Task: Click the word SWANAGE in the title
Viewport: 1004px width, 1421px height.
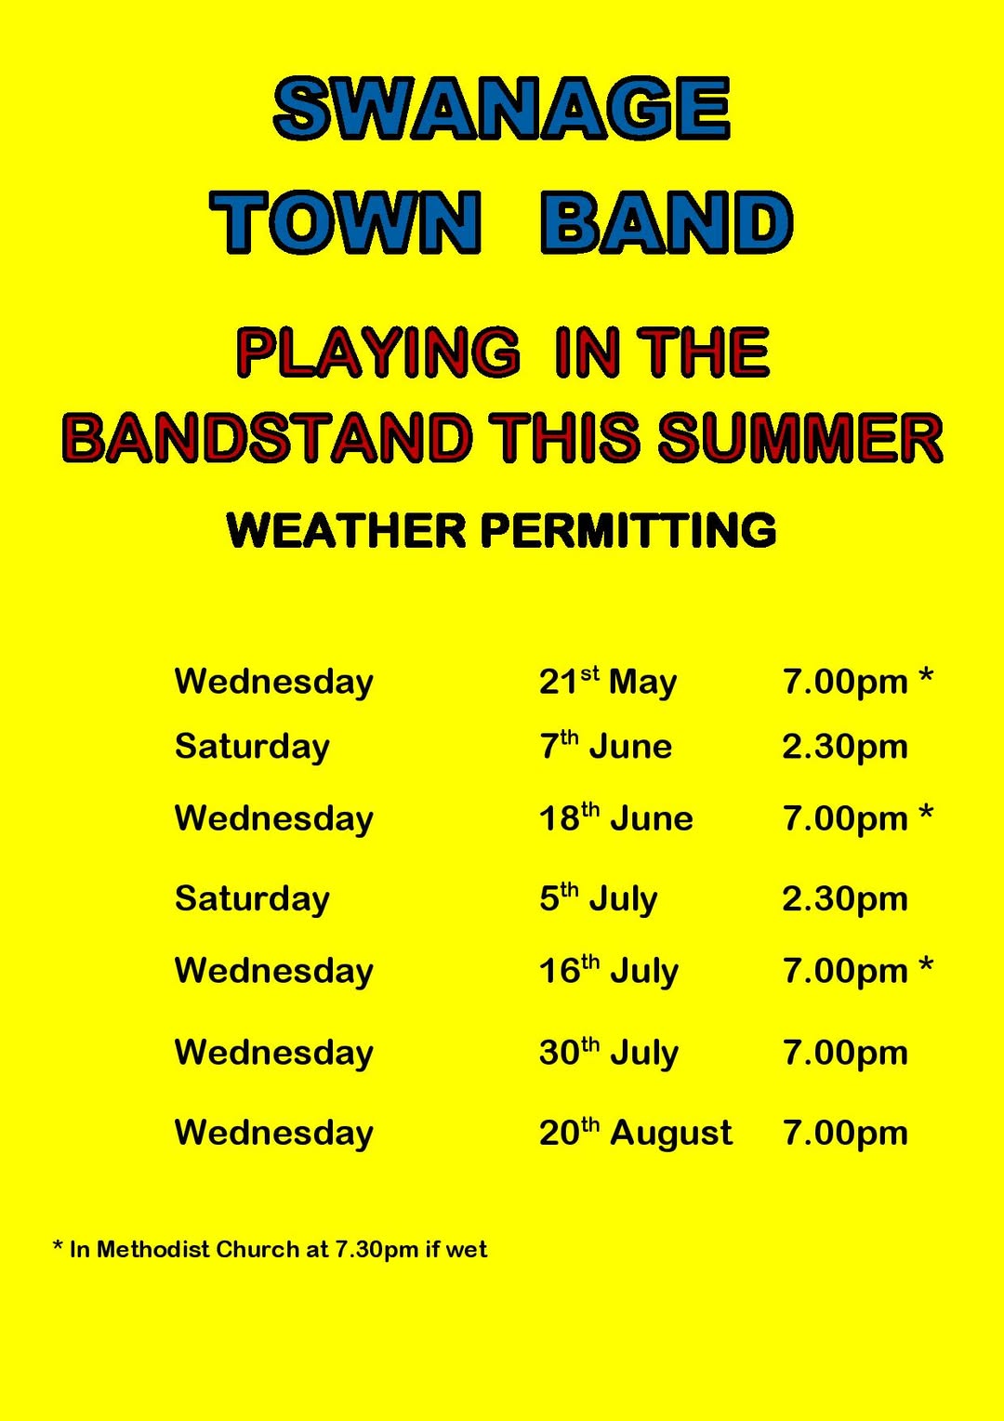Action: pyautogui.click(x=502, y=108)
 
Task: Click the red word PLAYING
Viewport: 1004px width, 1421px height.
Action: pyautogui.click(x=378, y=352)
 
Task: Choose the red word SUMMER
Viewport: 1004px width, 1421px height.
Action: pyautogui.click(x=800, y=438)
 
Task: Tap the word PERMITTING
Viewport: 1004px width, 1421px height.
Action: pyautogui.click(x=628, y=530)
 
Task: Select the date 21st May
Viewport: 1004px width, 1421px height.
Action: pyautogui.click(x=608, y=682)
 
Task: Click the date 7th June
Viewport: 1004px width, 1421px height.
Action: pyautogui.click(x=606, y=746)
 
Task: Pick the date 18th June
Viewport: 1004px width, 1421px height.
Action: pyautogui.click(x=615, y=817)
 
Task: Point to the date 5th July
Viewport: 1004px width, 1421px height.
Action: pyautogui.click(x=598, y=899)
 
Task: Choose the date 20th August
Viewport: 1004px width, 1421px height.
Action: pyautogui.click(x=636, y=1133)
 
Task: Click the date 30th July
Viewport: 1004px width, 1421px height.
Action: pyautogui.click(x=609, y=1053)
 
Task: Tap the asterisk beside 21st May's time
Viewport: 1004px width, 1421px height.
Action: pyautogui.click(x=926, y=677)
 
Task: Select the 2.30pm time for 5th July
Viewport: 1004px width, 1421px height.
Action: pyautogui.click(x=845, y=899)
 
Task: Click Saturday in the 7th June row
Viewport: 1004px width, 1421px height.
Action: pyautogui.click(x=252, y=747)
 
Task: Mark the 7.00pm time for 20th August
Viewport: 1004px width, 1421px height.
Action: pyautogui.click(x=845, y=1134)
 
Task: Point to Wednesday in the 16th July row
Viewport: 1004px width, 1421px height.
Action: pyautogui.click(x=274, y=971)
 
